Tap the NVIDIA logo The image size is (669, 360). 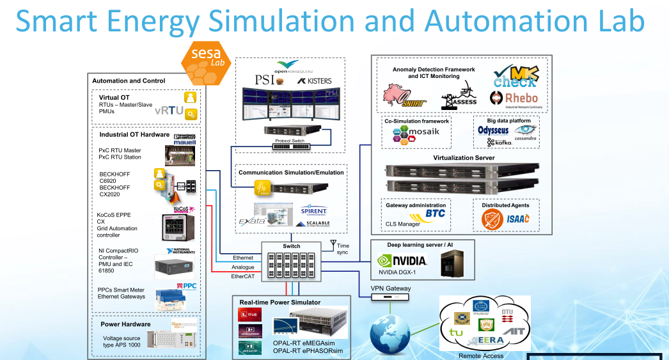pos(402,261)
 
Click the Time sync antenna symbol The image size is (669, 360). pos(333,243)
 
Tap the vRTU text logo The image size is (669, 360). pos(168,110)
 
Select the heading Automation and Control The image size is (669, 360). pos(129,81)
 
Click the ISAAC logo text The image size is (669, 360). pos(517,219)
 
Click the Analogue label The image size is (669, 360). pos(242,267)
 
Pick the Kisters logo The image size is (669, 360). pos(313,82)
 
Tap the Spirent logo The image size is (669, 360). pos(313,210)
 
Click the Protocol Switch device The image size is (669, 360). pos(290,146)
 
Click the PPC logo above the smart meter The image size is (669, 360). pos(189,286)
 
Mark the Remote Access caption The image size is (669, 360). pos(482,356)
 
